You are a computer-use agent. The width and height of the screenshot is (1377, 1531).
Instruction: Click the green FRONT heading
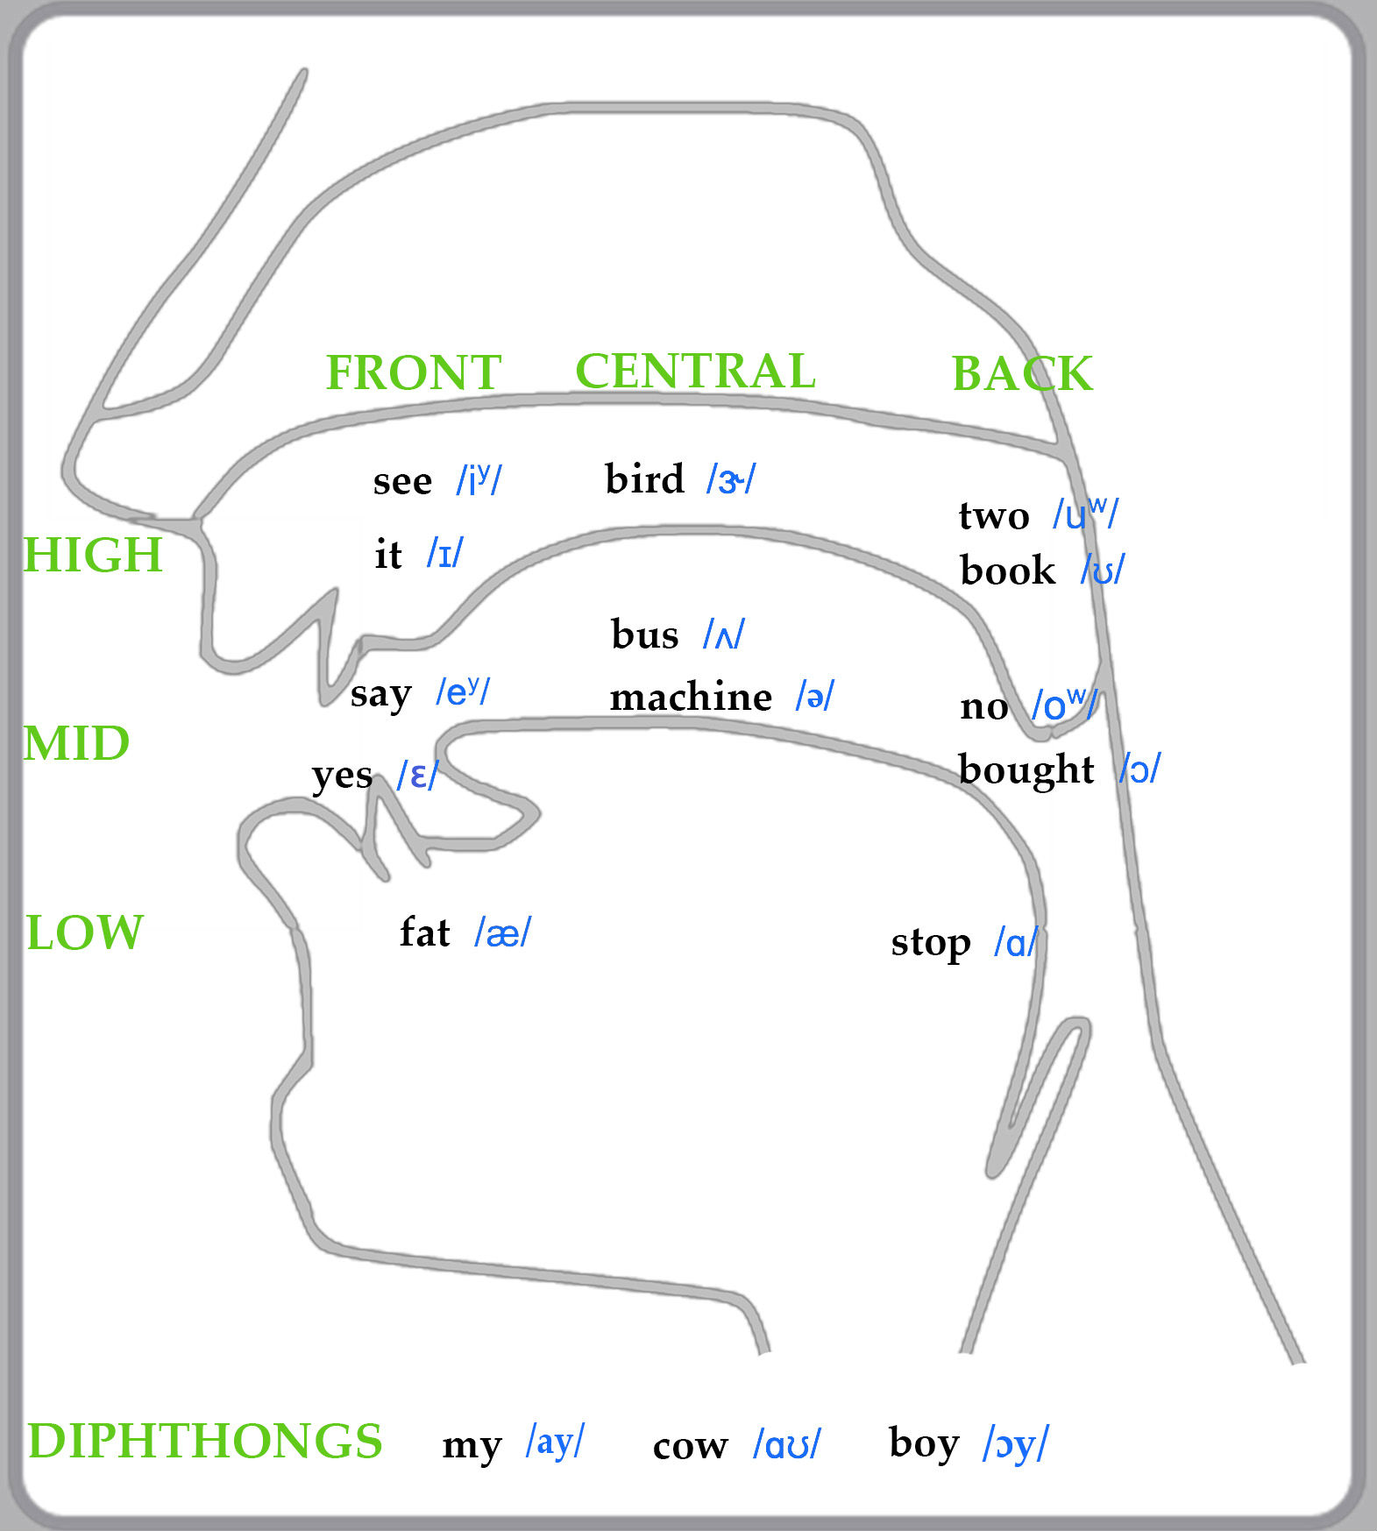click(413, 372)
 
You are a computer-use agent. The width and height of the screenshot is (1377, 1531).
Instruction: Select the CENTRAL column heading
click(695, 371)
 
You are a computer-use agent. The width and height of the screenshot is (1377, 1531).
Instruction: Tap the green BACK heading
click(1022, 374)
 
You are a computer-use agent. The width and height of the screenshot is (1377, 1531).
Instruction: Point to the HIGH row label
click(93, 555)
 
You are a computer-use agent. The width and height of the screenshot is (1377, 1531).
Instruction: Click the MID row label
click(76, 744)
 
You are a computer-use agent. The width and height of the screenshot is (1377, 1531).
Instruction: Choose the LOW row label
click(84, 932)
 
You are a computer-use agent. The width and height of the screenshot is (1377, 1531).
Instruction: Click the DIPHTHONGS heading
click(205, 1441)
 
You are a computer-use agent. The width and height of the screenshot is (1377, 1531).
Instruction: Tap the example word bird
click(644, 479)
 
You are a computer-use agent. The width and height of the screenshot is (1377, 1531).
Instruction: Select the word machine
click(691, 698)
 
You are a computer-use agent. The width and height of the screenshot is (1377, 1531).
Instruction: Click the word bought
click(1026, 769)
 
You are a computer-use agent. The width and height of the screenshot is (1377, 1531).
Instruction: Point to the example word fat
click(424, 932)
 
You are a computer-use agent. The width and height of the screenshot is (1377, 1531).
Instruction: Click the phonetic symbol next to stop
click(1016, 943)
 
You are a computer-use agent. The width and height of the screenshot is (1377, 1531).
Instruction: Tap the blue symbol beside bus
click(724, 634)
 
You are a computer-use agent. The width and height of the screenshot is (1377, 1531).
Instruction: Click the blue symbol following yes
click(417, 776)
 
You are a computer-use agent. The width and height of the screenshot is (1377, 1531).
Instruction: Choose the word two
click(994, 515)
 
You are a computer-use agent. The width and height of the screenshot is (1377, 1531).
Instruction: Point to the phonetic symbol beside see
click(479, 480)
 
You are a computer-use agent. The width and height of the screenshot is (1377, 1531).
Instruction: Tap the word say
click(380, 695)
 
